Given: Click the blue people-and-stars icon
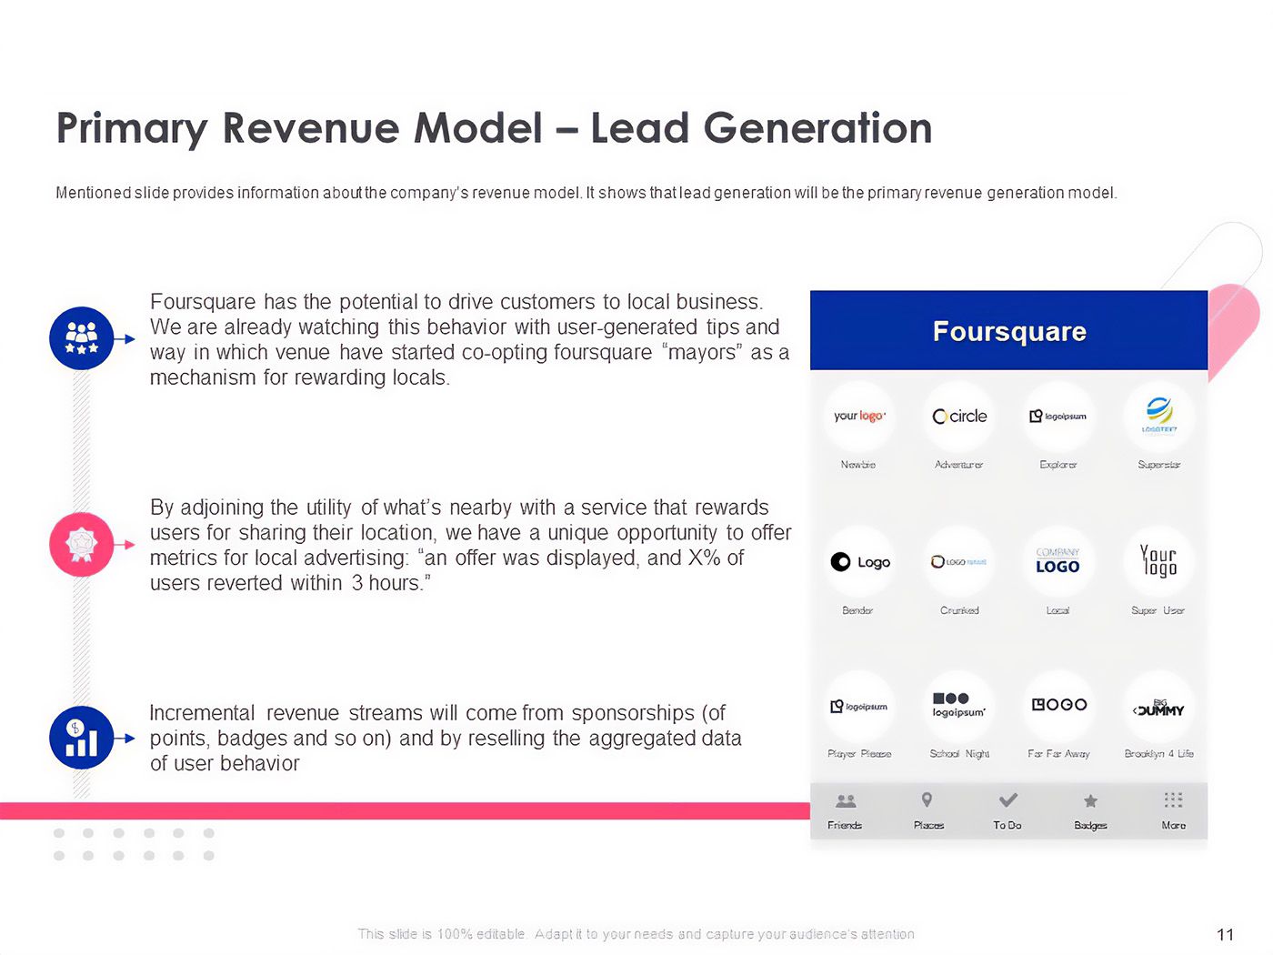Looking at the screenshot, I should [x=82, y=338].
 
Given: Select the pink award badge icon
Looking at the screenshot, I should [x=82, y=544].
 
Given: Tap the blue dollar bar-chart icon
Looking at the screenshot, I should [x=82, y=738].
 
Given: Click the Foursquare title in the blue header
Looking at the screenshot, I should [x=1009, y=331].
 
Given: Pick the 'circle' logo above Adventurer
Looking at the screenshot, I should [x=959, y=416].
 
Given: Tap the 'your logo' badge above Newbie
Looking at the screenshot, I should [x=859, y=416].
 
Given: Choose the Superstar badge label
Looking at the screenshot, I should [x=1158, y=465].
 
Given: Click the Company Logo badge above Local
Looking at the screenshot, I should [x=1057, y=561].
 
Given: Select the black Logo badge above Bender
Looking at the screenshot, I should [x=859, y=562].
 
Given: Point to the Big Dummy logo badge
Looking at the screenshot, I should [x=1158, y=708].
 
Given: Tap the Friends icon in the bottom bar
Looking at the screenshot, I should [x=846, y=801].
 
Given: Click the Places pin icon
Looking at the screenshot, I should [x=927, y=800].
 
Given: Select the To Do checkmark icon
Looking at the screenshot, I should [x=1007, y=800].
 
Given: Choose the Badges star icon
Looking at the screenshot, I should [x=1090, y=801].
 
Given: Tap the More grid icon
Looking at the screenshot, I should [x=1173, y=800].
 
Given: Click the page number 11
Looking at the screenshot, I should [x=1225, y=934].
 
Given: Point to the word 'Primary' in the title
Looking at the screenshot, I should [x=132, y=128].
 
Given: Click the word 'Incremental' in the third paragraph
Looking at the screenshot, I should [x=202, y=713].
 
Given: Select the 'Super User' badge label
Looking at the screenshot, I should [x=1158, y=610].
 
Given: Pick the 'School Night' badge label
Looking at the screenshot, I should [x=959, y=754].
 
